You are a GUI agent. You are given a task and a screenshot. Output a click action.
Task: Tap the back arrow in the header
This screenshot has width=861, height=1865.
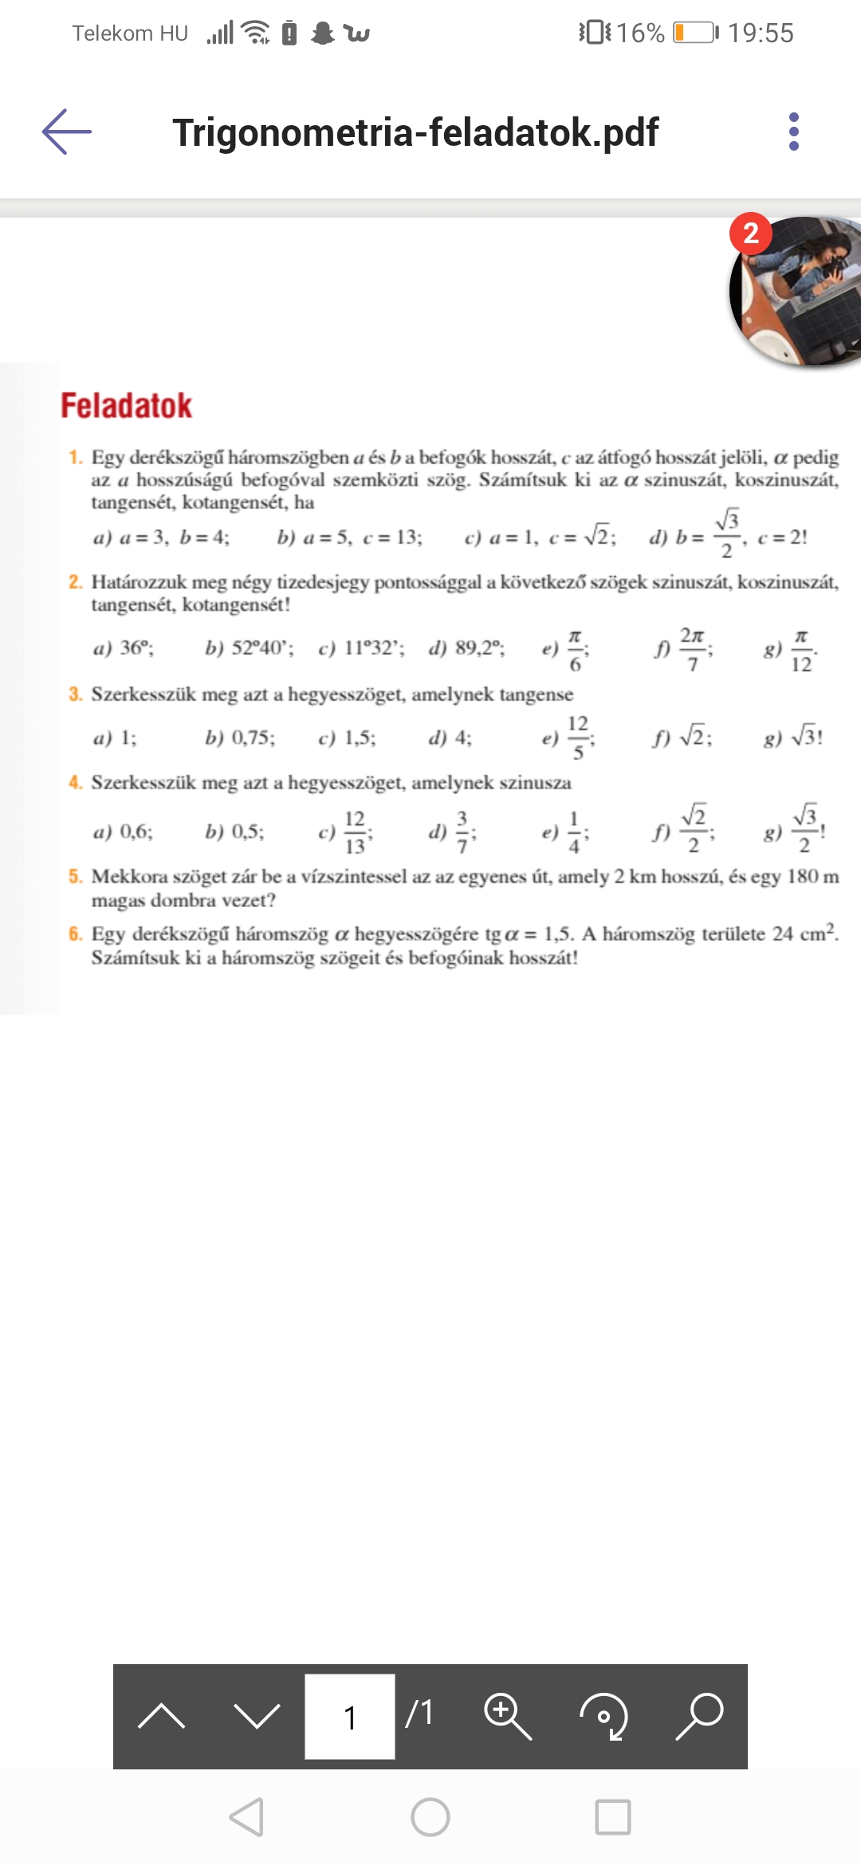click(x=67, y=132)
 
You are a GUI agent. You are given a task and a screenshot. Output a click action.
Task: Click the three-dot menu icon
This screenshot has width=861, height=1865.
click(x=793, y=132)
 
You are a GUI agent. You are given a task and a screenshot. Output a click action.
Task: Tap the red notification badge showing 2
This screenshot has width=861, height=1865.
click(x=750, y=234)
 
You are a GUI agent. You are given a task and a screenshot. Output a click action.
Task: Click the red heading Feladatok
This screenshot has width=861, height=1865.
click(x=127, y=406)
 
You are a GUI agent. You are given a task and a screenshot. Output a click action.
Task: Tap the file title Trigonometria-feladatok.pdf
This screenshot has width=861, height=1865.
click(x=415, y=132)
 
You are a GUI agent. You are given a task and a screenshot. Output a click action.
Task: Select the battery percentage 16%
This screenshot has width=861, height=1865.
click(x=640, y=33)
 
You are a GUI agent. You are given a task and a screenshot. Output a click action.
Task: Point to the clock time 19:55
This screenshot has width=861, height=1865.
click(x=761, y=33)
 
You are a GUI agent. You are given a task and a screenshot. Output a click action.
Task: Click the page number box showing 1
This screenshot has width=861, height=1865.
click(x=350, y=1716)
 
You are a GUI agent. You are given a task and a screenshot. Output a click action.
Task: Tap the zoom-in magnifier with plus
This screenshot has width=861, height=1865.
click(x=508, y=1716)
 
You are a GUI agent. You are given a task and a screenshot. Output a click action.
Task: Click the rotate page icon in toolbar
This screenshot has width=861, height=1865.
click(x=603, y=1716)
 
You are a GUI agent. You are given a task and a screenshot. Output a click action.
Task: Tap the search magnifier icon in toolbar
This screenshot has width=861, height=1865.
click(x=699, y=1716)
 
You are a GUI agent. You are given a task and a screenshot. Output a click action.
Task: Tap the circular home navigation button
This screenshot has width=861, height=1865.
click(x=431, y=1817)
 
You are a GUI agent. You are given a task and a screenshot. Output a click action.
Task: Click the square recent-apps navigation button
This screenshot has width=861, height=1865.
click(x=613, y=1817)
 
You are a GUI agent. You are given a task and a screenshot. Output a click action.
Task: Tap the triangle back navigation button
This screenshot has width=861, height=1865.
click(x=247, y=1817)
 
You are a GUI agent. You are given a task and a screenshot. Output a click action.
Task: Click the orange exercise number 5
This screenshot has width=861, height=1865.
click(x=75, y=877)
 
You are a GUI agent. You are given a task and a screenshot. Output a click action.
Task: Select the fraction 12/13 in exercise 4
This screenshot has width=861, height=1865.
click(x=355, y=832)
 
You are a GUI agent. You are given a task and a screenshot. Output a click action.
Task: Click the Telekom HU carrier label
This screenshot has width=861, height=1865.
click(x=130, y=33)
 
